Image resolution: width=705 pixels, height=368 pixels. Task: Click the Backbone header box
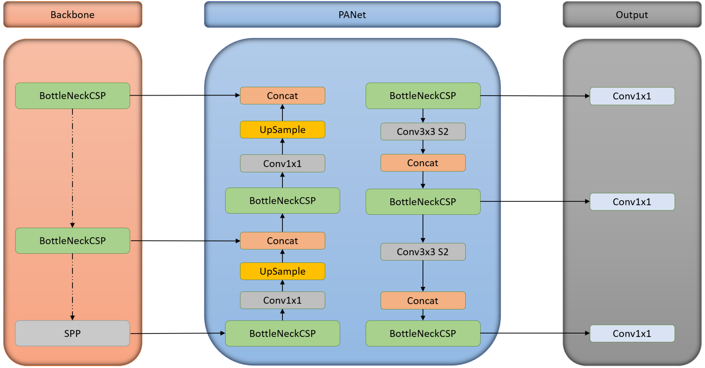72,14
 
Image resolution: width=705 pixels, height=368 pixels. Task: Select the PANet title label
352,14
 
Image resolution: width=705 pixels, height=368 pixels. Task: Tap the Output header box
632,14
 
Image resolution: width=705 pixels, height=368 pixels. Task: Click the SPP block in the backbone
72,333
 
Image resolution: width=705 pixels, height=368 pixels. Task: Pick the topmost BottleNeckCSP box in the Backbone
72,96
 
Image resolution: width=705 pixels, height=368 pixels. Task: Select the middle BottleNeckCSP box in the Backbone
72,240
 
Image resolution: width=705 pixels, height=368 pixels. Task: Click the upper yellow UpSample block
282,129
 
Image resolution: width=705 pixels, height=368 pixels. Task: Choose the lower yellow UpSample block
282,271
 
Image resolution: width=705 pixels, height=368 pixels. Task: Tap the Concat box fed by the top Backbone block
282,96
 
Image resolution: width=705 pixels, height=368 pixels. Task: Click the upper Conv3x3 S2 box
423,131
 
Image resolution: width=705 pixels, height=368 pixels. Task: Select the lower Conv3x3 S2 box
423,251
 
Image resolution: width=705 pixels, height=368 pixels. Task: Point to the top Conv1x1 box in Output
632,96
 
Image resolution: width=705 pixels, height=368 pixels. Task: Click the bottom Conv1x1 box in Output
632,333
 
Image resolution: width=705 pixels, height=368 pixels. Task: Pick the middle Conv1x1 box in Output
632,202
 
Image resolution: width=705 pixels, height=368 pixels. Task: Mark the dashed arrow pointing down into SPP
72,287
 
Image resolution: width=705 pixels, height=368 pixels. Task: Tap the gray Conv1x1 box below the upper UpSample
282,163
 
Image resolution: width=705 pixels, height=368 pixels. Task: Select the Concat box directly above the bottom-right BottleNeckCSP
423,301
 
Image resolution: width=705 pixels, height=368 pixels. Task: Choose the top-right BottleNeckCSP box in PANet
423,96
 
